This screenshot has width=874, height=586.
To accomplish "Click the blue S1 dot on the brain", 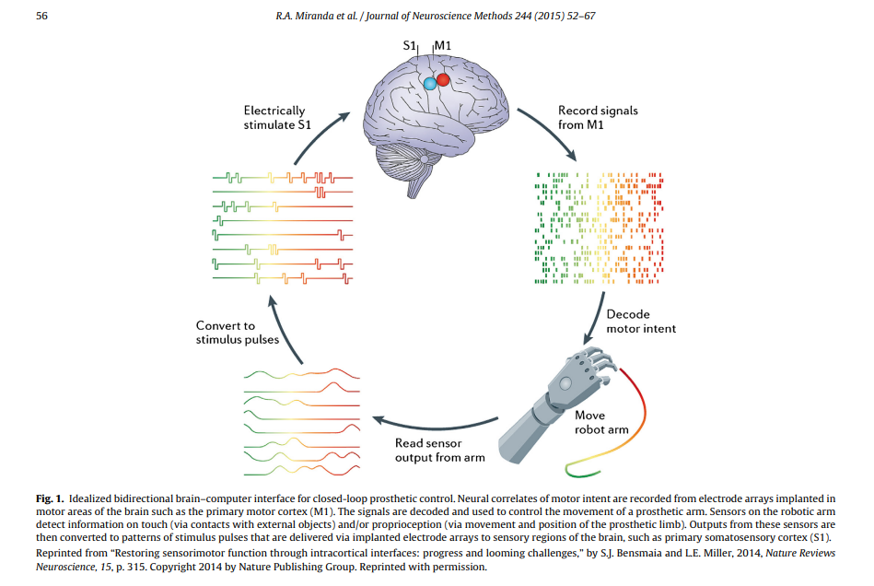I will click(429, 84).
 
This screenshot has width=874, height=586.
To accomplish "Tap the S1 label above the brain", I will click(410, 45).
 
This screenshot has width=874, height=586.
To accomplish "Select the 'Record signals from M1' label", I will click(598, 117).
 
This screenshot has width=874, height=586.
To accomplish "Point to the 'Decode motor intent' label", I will click(641, 322).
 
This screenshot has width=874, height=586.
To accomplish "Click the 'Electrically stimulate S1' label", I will click(274, 117).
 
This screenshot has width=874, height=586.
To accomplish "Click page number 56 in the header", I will click(41, 16).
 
